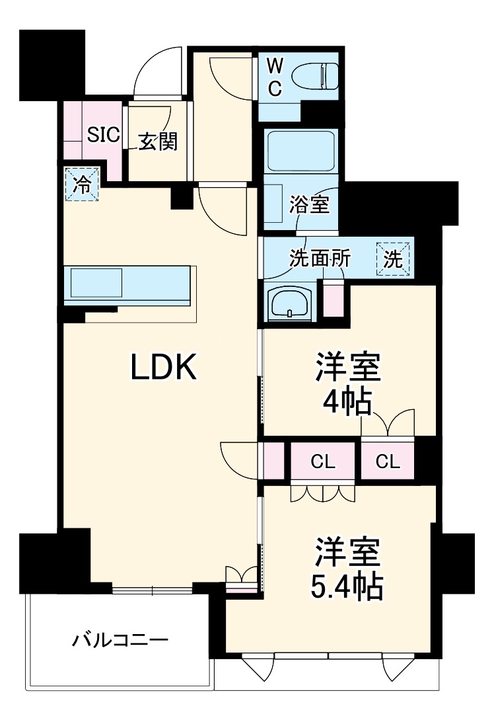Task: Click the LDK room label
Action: point(164,368)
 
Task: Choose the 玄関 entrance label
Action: point(157,141)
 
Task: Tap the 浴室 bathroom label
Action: point(308,204)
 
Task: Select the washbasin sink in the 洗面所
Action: point(290,303)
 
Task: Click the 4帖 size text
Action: point(345,401)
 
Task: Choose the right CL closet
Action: point(388,462)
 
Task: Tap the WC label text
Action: point(275,77)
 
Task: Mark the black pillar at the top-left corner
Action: point(52,63)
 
